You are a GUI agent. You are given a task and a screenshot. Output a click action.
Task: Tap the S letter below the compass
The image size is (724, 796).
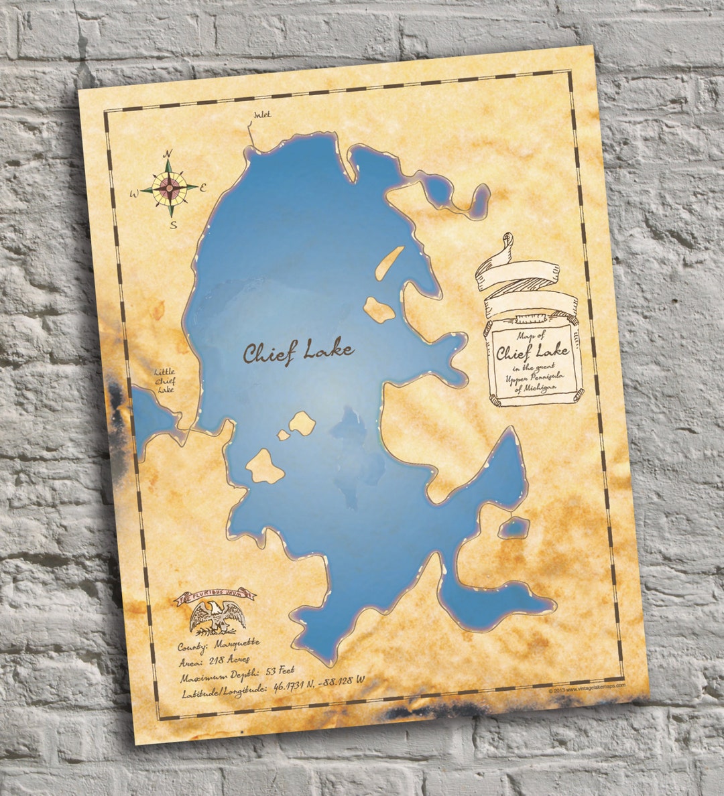click(173, 224)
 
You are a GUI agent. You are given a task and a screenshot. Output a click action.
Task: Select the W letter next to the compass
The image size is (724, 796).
click(134, 194)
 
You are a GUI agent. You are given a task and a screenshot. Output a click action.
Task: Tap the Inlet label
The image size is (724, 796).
click(261, 115)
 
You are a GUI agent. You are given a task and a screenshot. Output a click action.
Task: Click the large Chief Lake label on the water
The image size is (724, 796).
click(298, 352)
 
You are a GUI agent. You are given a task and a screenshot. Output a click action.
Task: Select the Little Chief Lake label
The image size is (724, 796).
click(164, 380)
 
